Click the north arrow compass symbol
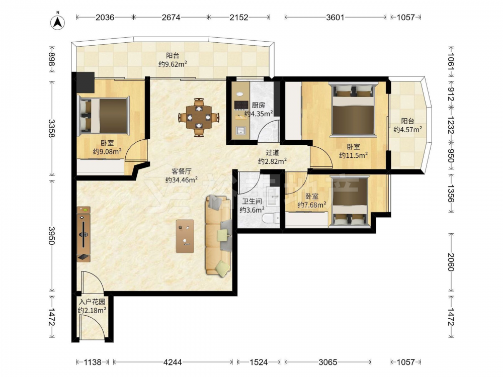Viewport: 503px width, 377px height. (58, 22)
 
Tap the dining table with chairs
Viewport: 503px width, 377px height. (199, 117)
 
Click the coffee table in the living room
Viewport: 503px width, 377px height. (185, 236)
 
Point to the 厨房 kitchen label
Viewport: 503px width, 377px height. (258, 105)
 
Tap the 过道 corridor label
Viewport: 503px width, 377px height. (272, 153)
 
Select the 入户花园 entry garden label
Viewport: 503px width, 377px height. (93, 302)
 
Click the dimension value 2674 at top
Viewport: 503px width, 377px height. (171, 17)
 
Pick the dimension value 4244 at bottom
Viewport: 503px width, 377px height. (173, 362)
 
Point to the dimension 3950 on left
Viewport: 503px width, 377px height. (51, 235)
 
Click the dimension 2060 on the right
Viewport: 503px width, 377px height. (451, 262)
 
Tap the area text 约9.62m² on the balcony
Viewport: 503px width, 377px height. (173, 64)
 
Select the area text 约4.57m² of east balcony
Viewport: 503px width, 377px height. (408, 130)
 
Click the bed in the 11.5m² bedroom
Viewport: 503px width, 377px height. (354, 109)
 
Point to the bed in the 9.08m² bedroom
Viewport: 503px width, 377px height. (103, 115)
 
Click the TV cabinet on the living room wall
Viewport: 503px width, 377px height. (83, 234)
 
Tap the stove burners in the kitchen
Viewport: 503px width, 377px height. (241, 105)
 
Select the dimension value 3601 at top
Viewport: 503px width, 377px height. (335, 17)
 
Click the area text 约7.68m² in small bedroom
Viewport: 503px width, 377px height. (312, 205)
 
